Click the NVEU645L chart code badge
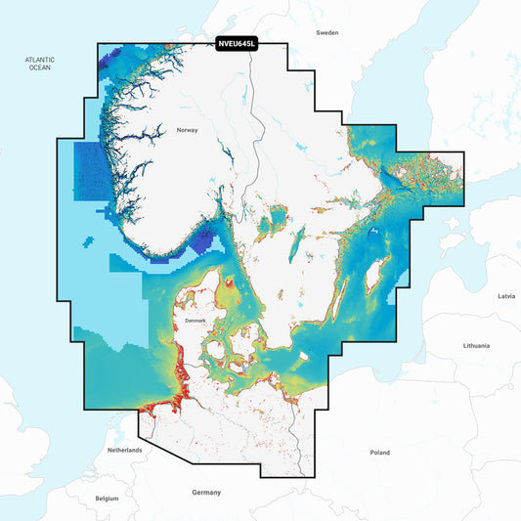[236, 44]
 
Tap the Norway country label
[187, 130]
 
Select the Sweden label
[326, 32]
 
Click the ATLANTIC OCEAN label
[39, 65]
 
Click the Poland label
[379, 453]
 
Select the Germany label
[206, 492]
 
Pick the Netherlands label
[125, 450]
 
